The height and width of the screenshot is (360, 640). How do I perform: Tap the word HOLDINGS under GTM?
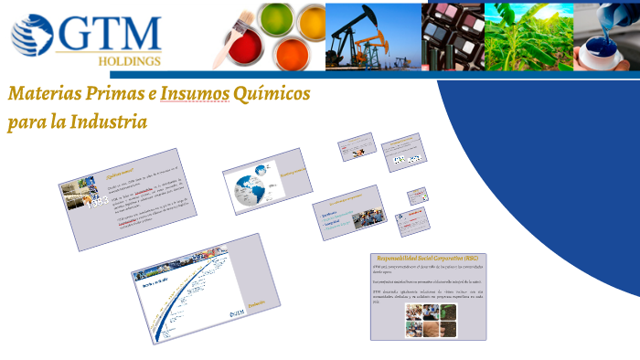[x=128, y=61]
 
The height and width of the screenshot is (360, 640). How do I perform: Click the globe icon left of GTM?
[x=33, y=35]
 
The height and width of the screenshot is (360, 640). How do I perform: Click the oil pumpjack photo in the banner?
[x=372, y=36]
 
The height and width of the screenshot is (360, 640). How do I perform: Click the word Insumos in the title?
[x=189, y=94]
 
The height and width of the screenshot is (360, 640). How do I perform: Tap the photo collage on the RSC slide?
[x=430, y=320]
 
